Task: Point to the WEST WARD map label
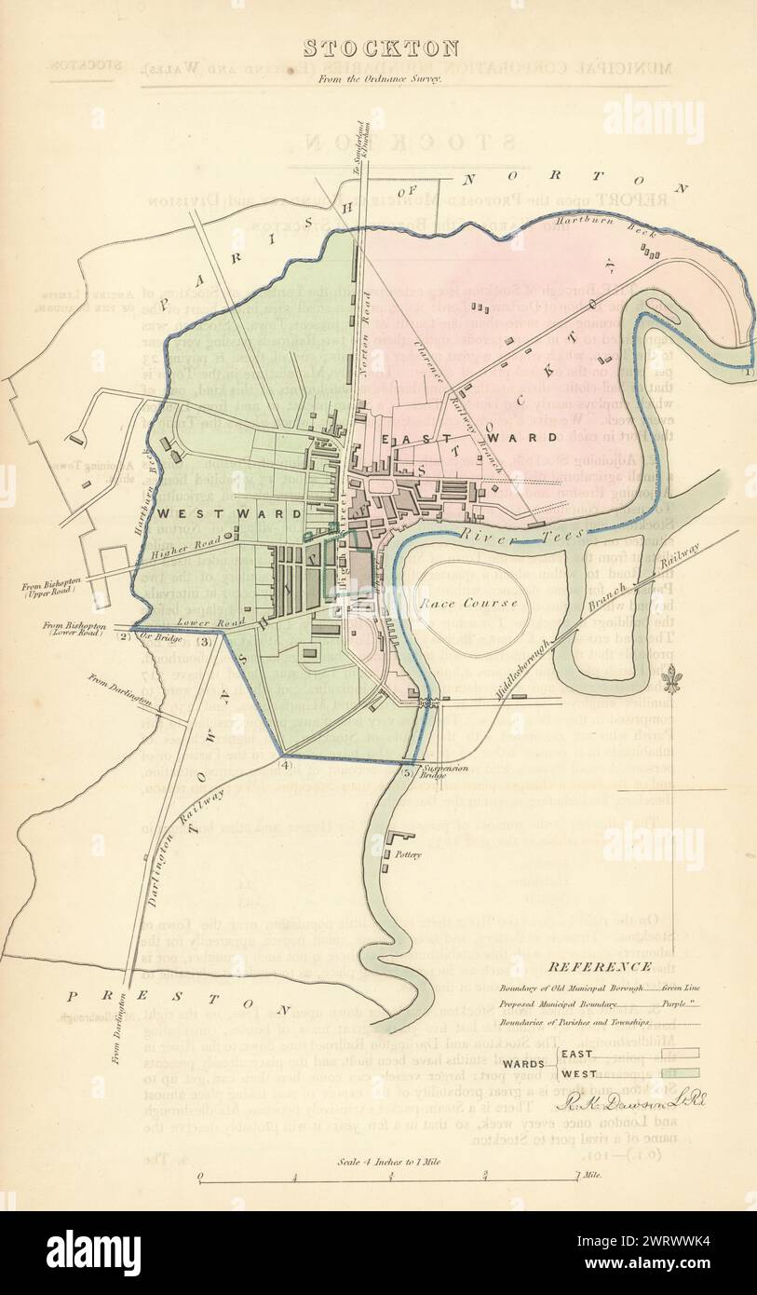point(230,513)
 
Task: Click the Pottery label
point(408,853)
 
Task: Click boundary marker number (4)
point(285,765)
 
